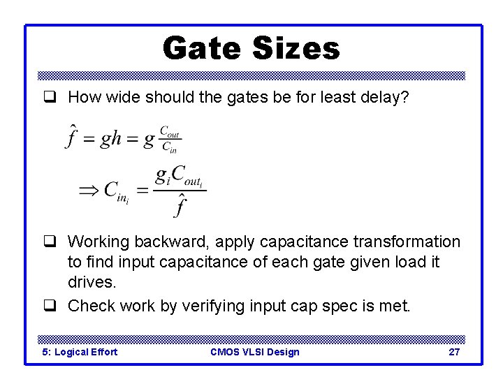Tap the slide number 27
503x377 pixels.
(x=454, y=352)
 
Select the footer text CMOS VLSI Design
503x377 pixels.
(x=254, y=352)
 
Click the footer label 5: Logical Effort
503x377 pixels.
(x=80, y=352)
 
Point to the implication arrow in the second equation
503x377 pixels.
(x=89, y=189)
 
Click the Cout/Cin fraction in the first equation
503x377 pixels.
(x=170, y=138)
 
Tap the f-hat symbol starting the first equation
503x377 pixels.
(x=71, y=136)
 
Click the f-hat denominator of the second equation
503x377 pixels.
(x=180, y=205)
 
